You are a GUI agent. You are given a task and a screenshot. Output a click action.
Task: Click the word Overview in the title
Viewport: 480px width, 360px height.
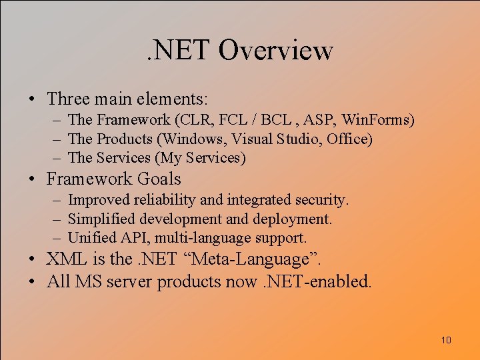[275, 51]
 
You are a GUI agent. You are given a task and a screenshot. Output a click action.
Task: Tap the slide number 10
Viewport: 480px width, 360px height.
[446, 341]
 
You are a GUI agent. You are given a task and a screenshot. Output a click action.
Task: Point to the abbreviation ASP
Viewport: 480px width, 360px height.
[323, 121]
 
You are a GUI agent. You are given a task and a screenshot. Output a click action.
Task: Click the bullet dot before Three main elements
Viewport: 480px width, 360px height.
[32, 100]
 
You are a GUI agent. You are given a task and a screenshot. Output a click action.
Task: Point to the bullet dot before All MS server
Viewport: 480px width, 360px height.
[32, 282]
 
